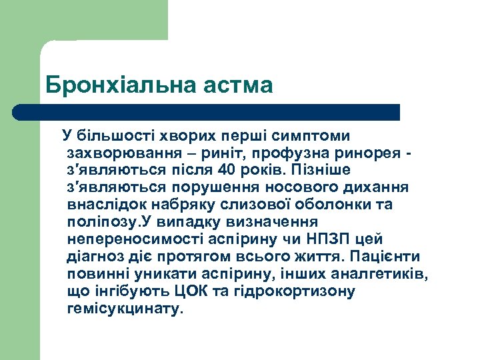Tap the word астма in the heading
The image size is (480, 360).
(x=241, y=85)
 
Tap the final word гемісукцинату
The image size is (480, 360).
(x=124, y=309)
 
